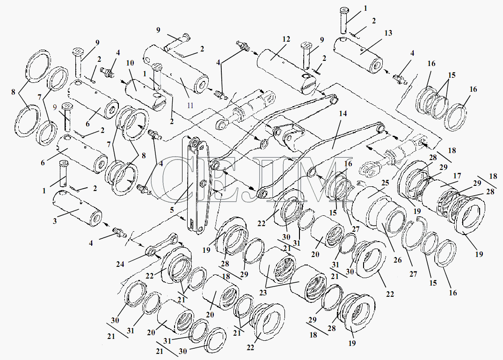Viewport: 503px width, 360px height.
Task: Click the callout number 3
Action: click(55, 221)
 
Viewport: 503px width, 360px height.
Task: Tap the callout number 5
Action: click(172, 210)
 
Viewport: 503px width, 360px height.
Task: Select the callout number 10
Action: click(130, 63)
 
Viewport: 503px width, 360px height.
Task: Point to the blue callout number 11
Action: click(190, 105)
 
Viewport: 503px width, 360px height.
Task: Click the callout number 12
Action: click(286, 39)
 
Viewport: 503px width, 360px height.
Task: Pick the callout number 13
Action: click(388, 33)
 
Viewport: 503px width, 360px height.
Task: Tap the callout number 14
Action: click(343, 114)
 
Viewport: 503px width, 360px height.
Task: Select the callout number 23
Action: click(263, 293)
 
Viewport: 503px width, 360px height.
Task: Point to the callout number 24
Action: click(120, 264)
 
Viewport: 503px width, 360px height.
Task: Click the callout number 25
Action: click(385, 183)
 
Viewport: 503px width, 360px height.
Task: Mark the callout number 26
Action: click(397, 260)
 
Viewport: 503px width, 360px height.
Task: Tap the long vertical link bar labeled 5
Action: click(195, 184)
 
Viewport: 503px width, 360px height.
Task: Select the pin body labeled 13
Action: click(358, 55)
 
